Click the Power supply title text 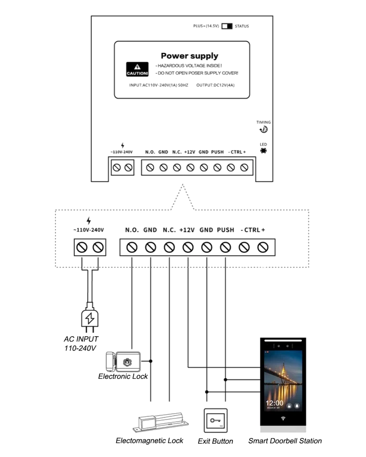coord(189,56)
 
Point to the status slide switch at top coord(226,25)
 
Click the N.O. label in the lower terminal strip coord(132,230)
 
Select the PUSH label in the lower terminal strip coord(226,230)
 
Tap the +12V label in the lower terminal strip coord(187,230)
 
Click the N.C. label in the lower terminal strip coord(168,230)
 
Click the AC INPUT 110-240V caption coord(80,344)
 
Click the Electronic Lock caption coord(123,376)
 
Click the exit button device coord(215,421)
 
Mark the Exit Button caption coord(215,441)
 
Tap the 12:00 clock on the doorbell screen coord(275,403)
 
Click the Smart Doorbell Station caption coord(285,441)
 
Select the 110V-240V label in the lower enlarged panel coord(89,230)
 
